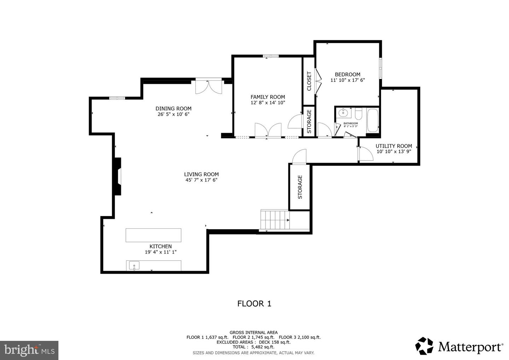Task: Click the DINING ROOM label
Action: coord(174,109)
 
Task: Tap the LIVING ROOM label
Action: coord(201,174)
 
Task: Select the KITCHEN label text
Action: coord(160,246)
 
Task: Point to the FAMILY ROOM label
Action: coord(268,97)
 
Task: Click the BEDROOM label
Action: coord(347,74)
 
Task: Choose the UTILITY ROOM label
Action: coord(394,146)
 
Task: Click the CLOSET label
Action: coord(309,81)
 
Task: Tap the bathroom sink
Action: coord(343,113)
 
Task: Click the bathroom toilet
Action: coord(358,114)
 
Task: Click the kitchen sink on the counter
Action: coord(134,266)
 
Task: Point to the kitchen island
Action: coord(153,235)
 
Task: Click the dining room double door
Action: coord(209,87)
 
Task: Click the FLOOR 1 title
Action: coord(254,303)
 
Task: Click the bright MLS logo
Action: coord(29,350)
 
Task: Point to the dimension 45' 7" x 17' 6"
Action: coord(201,180)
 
